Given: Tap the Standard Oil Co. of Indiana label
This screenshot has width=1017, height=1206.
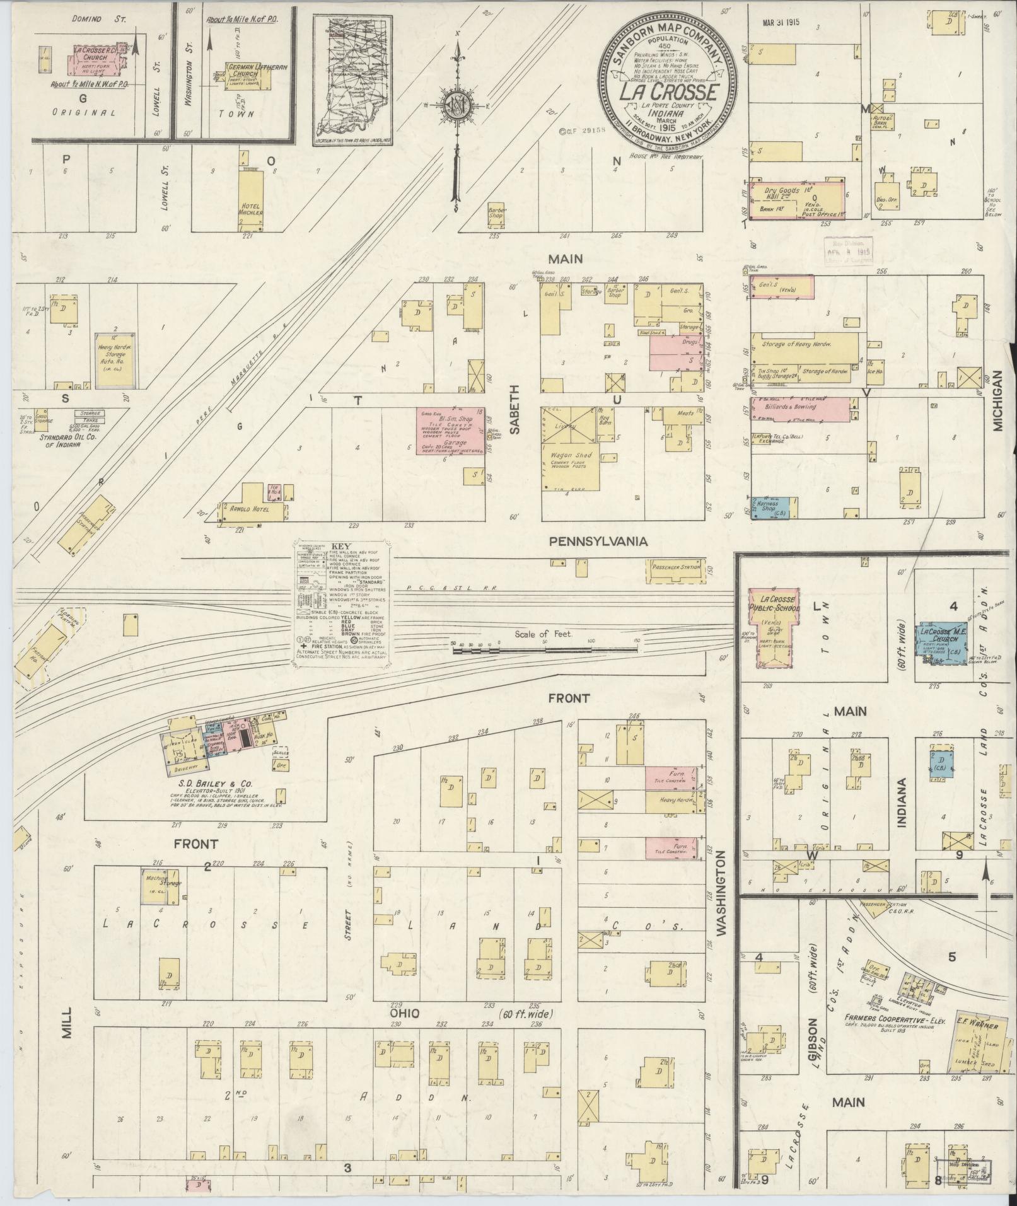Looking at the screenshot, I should pyautogui.click(x=59, y=440).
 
